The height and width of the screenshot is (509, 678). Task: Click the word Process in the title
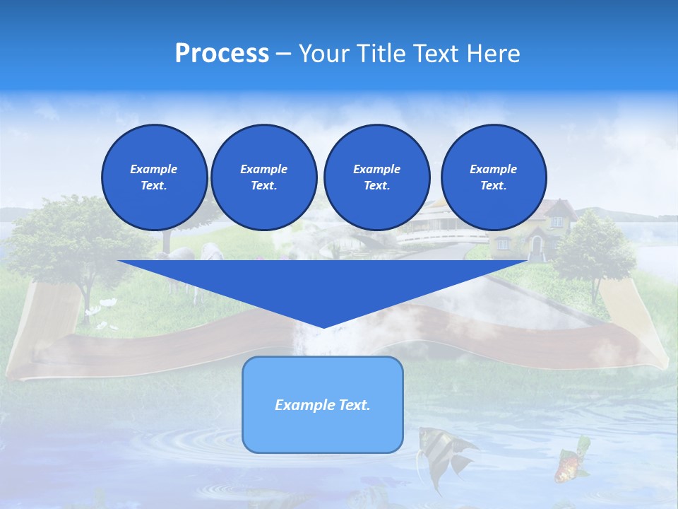point(222,53)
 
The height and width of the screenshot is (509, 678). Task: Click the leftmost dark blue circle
point(154,177)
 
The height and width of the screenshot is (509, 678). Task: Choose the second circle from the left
point(263,177)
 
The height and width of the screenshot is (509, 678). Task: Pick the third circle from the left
point(376,177)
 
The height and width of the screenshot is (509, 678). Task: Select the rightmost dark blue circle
point(494,177)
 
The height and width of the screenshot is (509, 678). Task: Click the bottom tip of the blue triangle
point(323,326)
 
